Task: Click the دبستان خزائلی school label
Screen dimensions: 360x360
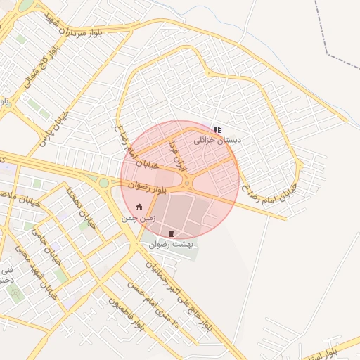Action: point(217,141)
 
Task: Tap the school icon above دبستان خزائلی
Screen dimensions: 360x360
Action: point(217,129)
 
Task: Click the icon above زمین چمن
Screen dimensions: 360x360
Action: point(139,207)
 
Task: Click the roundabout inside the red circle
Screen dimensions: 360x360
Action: point(188,184)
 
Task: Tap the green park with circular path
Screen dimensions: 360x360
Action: point(15,291)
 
